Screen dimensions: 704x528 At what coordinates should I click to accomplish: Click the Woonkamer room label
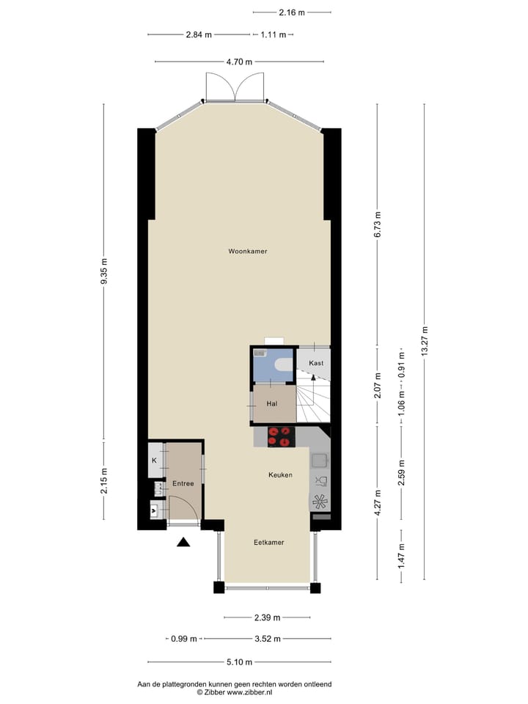pos(247,251)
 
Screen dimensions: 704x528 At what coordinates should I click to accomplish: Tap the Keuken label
pos(280,474)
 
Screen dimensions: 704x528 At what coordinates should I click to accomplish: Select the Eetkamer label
pos(268,542)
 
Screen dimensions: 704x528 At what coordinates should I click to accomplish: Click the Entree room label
pos(183,483)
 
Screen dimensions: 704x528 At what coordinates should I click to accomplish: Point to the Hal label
pos(271,403)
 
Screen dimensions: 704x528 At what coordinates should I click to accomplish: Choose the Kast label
pos(316,363)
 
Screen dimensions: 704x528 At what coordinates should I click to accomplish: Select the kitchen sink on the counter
pos(320,461)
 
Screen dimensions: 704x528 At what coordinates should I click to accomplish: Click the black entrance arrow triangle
pos(183,542)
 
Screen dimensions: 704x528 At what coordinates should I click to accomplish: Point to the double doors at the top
pos(235,88)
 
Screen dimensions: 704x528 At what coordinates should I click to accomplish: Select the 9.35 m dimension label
pos(104,272)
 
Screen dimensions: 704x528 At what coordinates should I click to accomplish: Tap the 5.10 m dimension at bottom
pos(240,661)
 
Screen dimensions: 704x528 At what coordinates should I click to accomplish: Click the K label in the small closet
pos(154,460)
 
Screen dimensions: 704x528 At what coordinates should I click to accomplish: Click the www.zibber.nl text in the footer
pos(249,692)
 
